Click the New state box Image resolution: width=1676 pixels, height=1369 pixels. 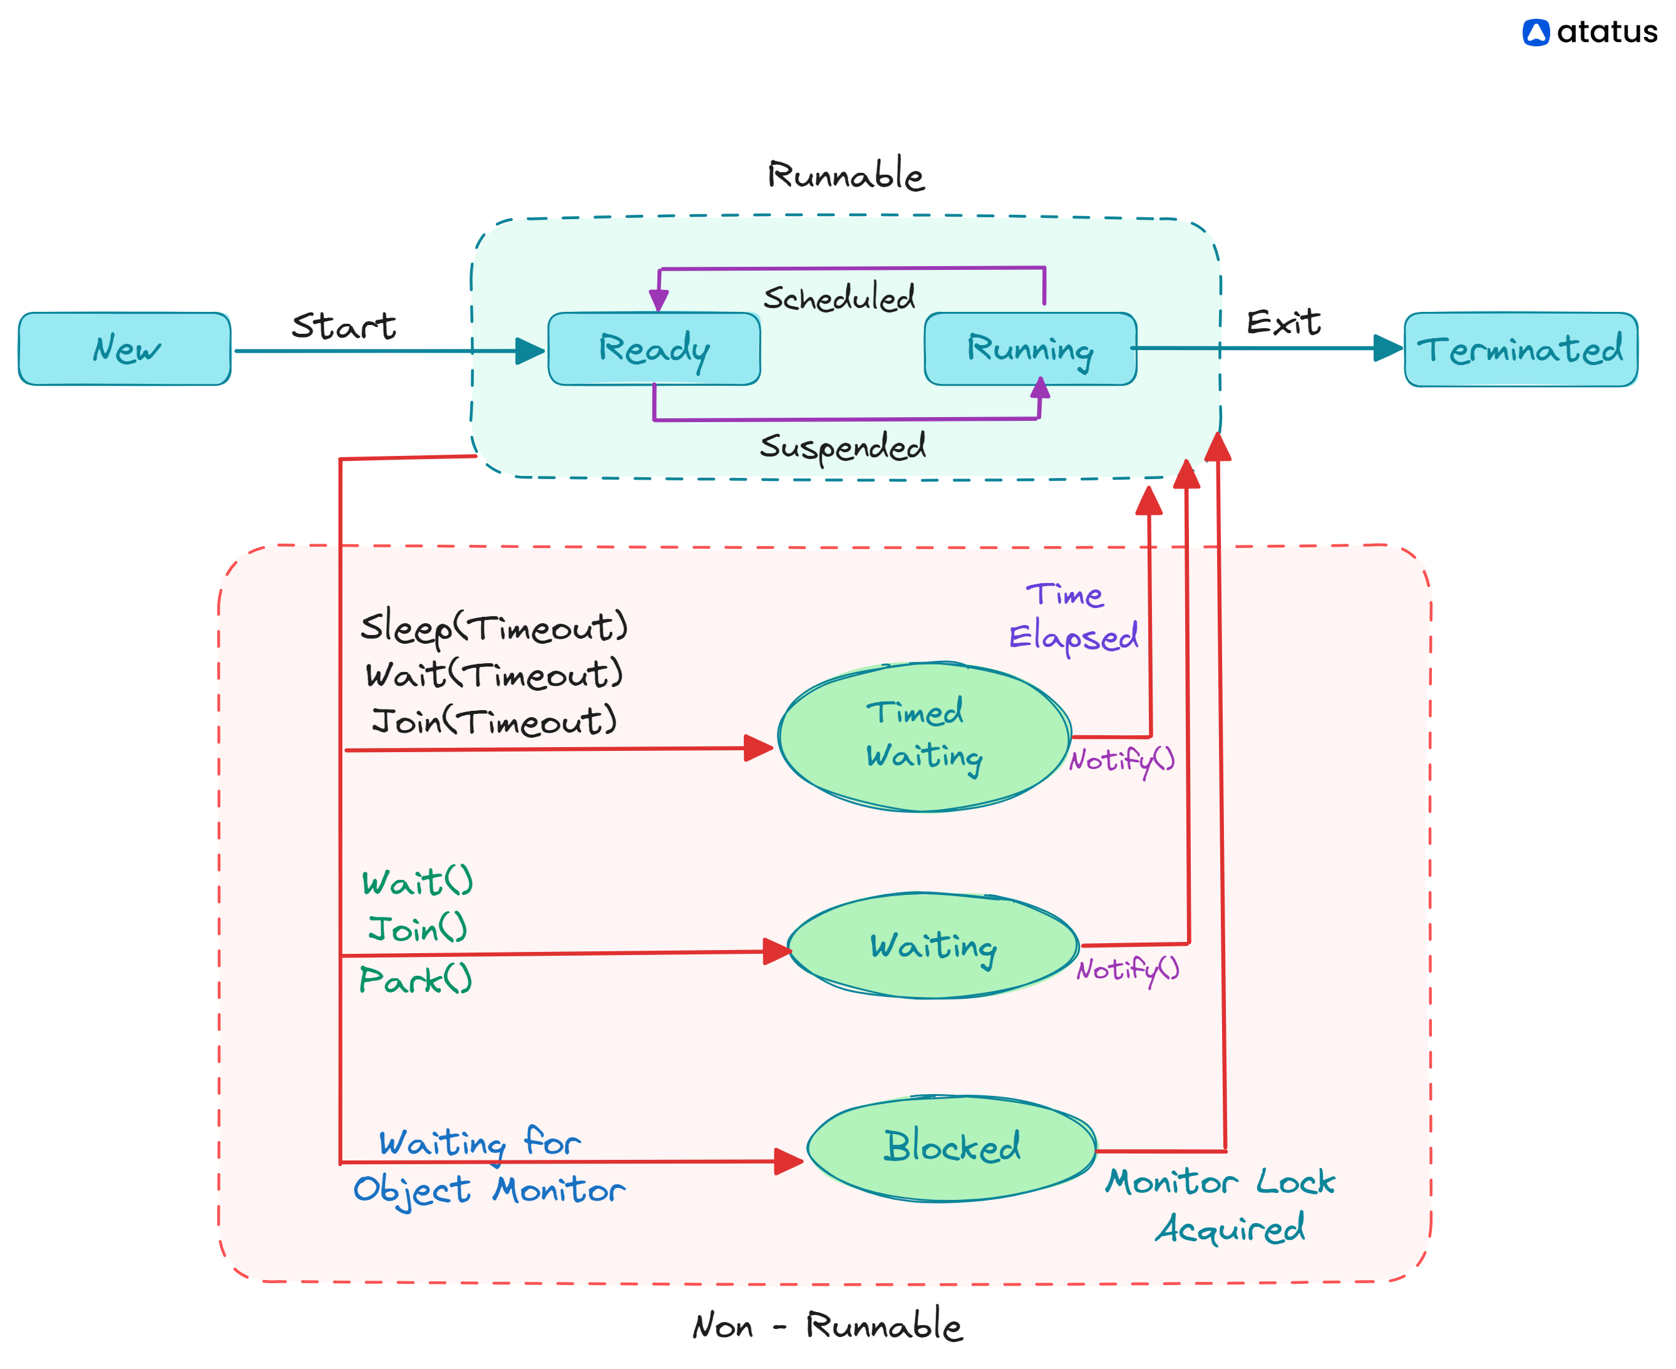pos(125,349)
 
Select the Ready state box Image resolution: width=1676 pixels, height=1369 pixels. pos(654,349)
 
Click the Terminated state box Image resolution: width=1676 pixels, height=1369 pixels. pos(1520,349)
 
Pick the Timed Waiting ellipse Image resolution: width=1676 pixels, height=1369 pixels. pos(924,736)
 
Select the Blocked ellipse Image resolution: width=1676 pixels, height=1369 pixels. pos(952,1147)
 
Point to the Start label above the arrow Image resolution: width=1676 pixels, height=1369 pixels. pos(344,326)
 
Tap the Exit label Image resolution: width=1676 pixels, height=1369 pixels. pos(1283,323)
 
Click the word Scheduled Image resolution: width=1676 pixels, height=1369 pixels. pos(839,298)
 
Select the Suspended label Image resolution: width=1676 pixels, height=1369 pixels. pos(842,447)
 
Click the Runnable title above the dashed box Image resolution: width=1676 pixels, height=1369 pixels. pos(845,175)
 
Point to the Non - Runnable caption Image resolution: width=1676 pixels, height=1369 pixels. pos(827,1326)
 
